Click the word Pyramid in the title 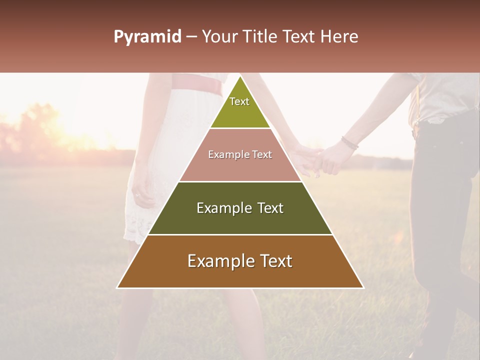[x=147, y=37]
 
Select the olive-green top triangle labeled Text [x=240, y=107]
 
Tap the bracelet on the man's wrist [x=349, y=143]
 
